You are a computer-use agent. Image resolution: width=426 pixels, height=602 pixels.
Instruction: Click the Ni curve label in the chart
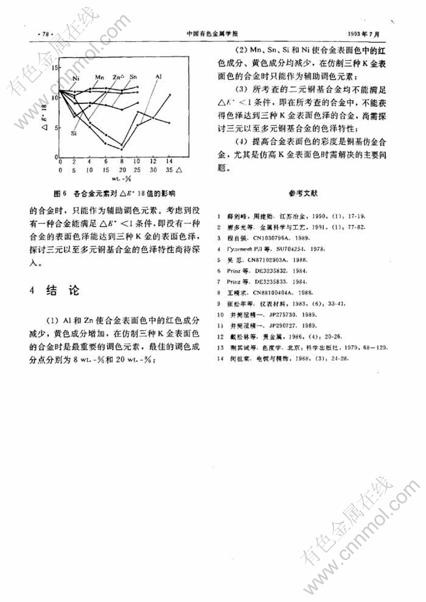point(76,78)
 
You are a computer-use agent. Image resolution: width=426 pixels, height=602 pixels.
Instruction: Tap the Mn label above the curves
point(99,76)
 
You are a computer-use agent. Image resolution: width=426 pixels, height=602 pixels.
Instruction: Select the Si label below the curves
point(75,133)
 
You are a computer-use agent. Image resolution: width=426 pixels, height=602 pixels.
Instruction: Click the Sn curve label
point(134,76)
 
